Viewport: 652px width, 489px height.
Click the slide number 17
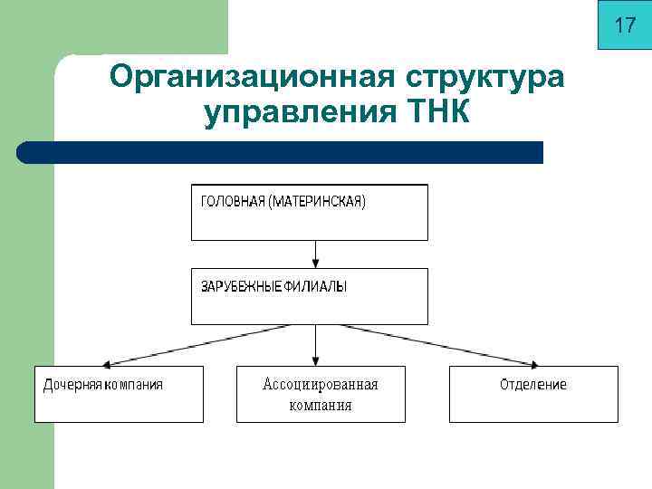tap(625, 26)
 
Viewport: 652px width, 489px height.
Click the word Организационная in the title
tap(249, 77)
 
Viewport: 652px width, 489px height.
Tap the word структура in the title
tap(482, 77)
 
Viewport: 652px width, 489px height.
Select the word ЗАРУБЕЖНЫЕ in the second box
tap(240, 286)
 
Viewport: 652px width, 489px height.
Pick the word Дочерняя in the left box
tap(72, 385)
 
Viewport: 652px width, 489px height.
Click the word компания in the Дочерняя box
tap(133, 385)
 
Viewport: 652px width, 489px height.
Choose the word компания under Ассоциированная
tap(320, 405)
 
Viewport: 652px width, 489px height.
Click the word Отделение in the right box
tap(533, 385)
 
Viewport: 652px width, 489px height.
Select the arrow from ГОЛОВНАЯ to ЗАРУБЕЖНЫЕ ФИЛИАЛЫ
tap(315, 254)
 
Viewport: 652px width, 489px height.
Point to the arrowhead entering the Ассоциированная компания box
tap(315, 360)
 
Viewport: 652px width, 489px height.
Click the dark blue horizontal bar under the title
tap(281, 152)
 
